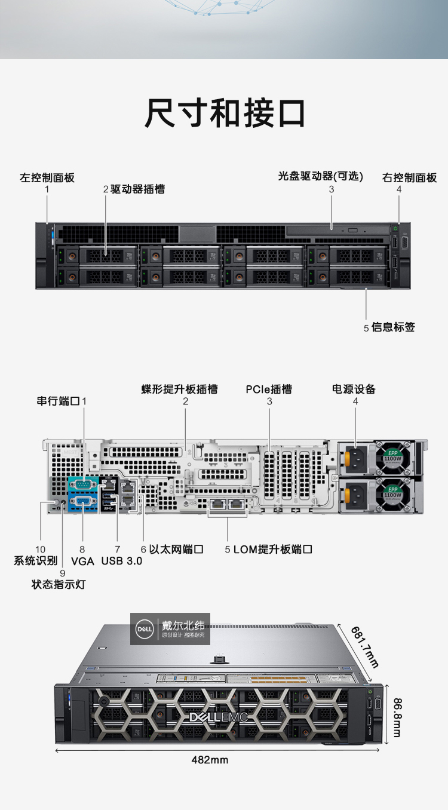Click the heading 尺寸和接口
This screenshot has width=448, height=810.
pyautogui.click(x=225, y=113)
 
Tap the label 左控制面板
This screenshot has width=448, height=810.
pyautogui.click(x=47, y=177)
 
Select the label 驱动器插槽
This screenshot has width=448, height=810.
pyautogui.click(x=137, y=189)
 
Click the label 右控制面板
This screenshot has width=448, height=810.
pyautogui.click(x=409, y=177)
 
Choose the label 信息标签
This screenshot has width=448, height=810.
pyautogui.click(x=393, y=327)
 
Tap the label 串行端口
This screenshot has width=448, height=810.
pyautogui.click(x=58, y=401)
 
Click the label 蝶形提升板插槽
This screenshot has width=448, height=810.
pyautogui.click(x=179, y=389)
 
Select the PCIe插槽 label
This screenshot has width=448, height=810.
pyautogui.click(x=269, y=389)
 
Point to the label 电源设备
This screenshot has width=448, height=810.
pyautogui.click(x=354, y=389)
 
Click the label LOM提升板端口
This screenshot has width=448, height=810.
pyautogui.click(x=272, y=549)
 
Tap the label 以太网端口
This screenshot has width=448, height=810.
pyautogui.click(x=176, y=549)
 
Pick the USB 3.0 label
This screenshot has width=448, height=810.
pyautogui.click(x=122, y=561)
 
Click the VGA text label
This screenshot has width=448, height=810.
pyautogui.click(x=82, y=562)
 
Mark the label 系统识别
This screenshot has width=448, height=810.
pyautogui.click(x=36, y=561)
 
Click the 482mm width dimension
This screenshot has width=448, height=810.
pyautogui.click(x=210, y=760)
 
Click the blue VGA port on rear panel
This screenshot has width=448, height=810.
pyautogui.click(x=83, y=502)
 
